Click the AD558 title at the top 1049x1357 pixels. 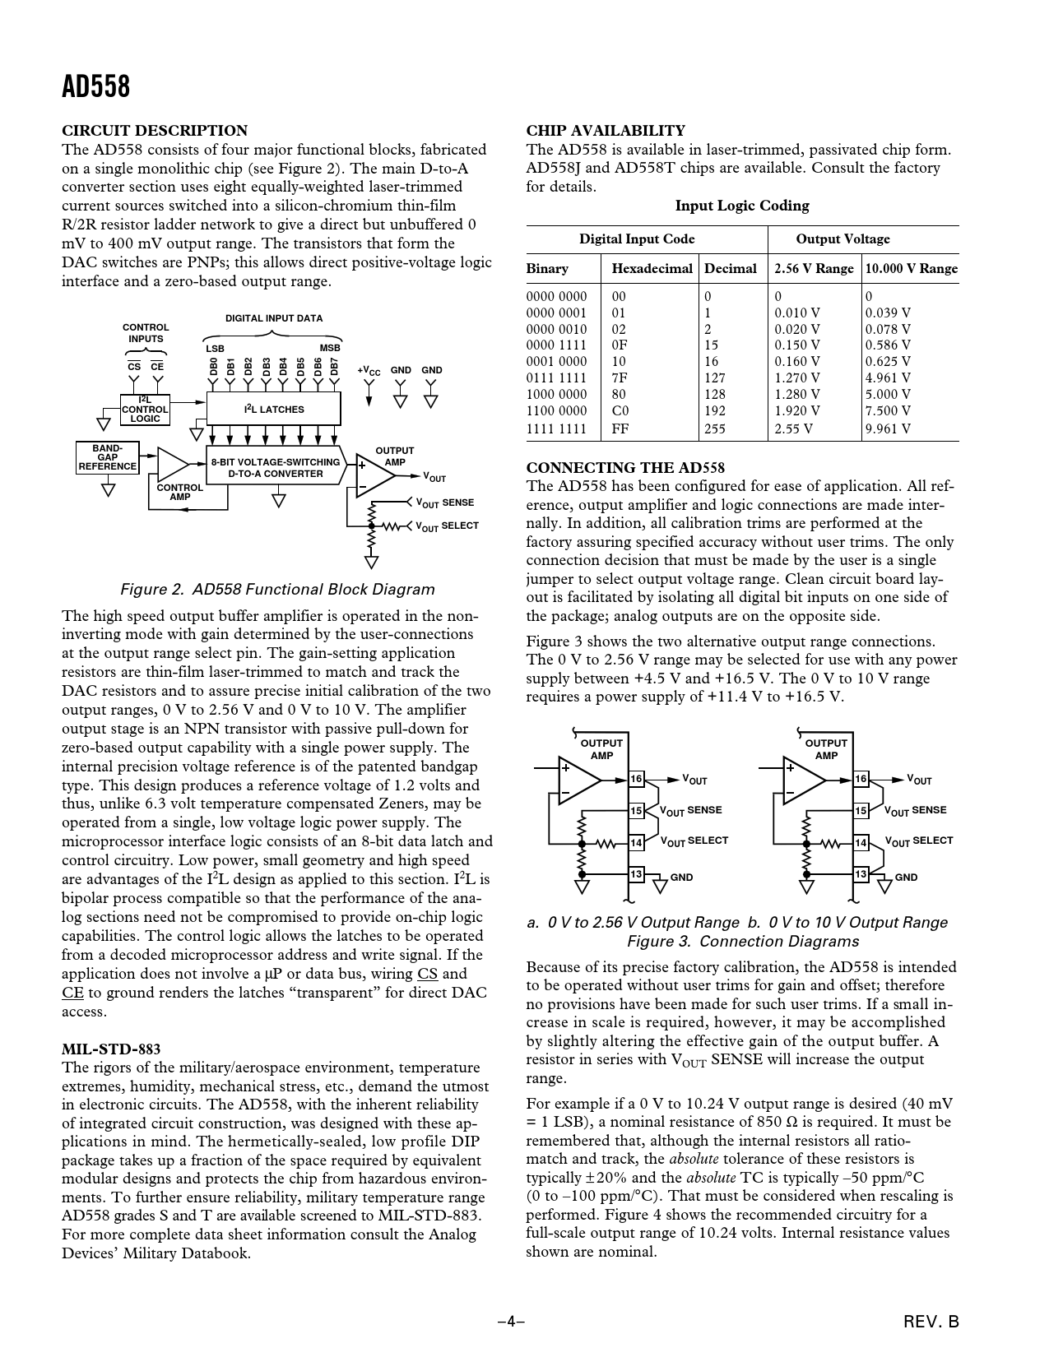95,86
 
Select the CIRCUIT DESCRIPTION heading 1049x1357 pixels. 155,131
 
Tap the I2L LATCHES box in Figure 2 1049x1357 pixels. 274,409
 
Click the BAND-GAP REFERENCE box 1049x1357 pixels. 107,457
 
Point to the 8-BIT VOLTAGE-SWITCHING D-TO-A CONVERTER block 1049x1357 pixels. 275,467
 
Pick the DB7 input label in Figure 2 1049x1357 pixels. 335,366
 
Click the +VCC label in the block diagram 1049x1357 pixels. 369,371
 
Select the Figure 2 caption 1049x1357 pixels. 277,590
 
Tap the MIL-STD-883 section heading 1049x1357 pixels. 111,1049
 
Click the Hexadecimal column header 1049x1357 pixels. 652,269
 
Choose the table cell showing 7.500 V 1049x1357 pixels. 888,410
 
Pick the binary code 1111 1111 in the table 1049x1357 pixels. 556,428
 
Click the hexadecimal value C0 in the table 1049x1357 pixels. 620,410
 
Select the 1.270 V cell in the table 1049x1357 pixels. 797,377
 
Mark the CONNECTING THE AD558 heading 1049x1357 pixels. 625,468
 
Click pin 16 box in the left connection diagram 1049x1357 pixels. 636,780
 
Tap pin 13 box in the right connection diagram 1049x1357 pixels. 861,873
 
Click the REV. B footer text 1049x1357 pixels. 931,1322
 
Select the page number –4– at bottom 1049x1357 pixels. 511,1322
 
